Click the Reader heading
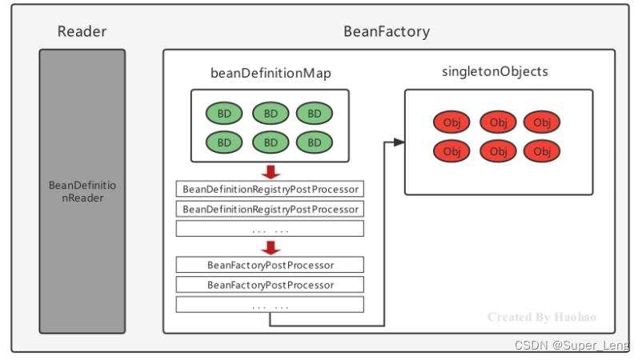pyautogui.click(x=82, y=32)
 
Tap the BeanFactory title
pyautogui.click(x=387, y=32)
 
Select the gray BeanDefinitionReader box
pyautogui.click(x=82, y=190)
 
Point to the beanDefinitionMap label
pyautogui.click(x=270, y=74)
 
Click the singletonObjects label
pyautogui.click(x=495, y=71)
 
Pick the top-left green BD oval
pyautogui.click(x=224, y=114)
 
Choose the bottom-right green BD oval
pyautogui.click(x=315, y=142)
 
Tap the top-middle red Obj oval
pyautogui.click(x=498, y=122)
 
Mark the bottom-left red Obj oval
pyautogui.click(x=452, y=151)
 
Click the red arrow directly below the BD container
pyautogui.click(x=271, y=172)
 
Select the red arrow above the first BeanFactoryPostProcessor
pyautogui.click(x=271, y=247)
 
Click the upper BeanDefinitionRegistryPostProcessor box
pyautogui.click(x=270, y=190)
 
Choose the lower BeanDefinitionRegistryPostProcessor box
pyautogui.click(x=270, y=209)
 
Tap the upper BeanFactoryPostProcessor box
pyautogui.click(x=270, y=265)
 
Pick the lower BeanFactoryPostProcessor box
pyautogui.click(x=270, y=285)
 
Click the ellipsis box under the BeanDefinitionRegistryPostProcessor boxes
pyautogui.click(x=270, y=229)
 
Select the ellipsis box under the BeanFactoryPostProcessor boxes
pyautogui.click(x=270, y=305)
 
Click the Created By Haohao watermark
pyautogui.click(x=541, y=318)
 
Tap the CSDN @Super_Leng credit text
pyautogui.click(x=572, y=346)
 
